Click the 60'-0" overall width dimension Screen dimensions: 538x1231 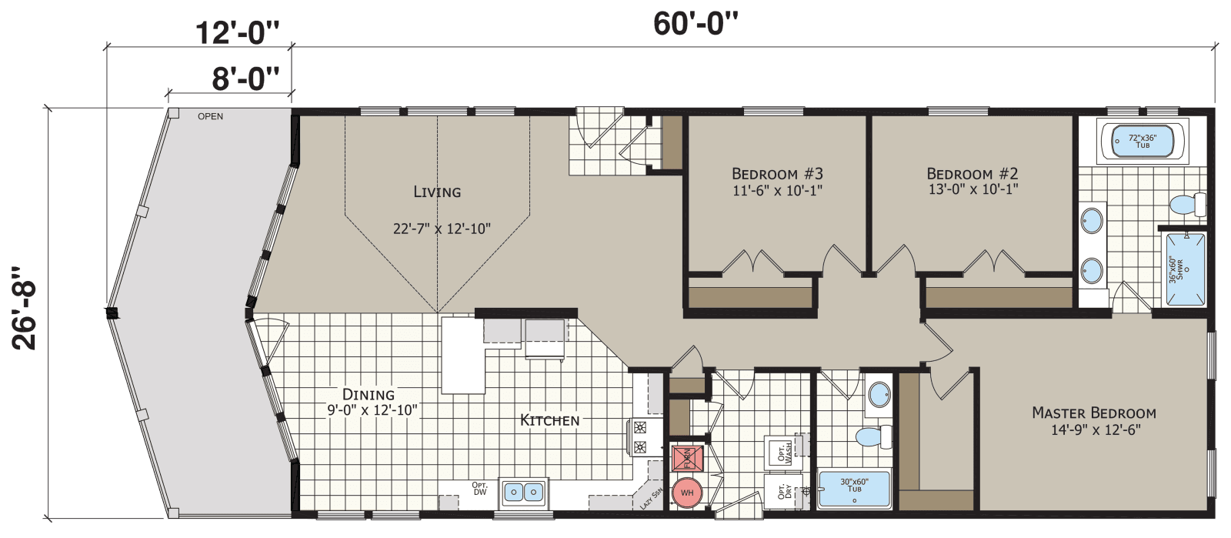pyautogui.click(x=695, y=24)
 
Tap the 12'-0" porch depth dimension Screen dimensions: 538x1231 pyautogui.click(x=235, y=33)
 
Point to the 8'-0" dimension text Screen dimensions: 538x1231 pyautogui.click(x=245, y=78)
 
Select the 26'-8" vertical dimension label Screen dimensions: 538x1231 pyautogui.click(x=25, y=309)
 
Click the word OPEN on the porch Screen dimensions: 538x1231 pyautogui.click(x=210, y=116)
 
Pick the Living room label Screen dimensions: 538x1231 pyautogui.click(x=437, y=192)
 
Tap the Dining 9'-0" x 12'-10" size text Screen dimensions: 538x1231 pyautogui.click(x=372, y=410)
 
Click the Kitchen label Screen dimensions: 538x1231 pyautogui.click(x=549, y=420)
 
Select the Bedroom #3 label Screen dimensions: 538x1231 pyautogui.click(x=777, y=174)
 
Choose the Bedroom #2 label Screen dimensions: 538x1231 pyautogui.click(x=972, y=174)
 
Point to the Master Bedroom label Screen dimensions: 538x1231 pyautogui.click(x=1093, y=413)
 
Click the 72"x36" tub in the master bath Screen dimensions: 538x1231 pyautogui.click(x=1143, y=142)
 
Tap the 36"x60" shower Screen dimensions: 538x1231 pyautogui.click(x=1185, y=269)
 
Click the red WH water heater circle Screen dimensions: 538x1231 pyautogui.click(x=687, y=493)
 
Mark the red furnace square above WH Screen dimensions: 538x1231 pyautogui.click(x=687, y=458)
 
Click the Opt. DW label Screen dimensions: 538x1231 pyautogui.click(x=479, y=488)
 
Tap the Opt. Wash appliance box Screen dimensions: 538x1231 pyautogui.click(x=780, y=451)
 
